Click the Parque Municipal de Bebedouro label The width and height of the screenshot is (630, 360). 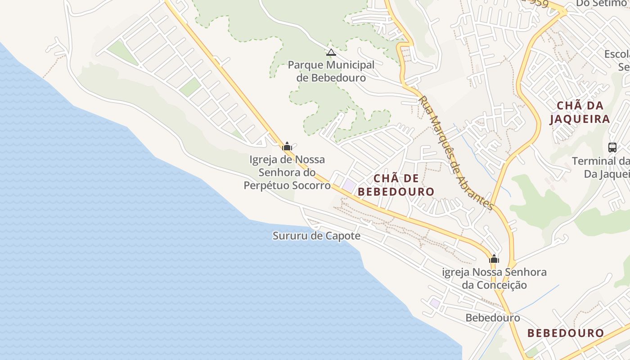pyautogui.click(x=331, y=71)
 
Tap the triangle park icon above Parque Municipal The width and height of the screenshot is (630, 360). pyautogui.click(x=331, y=53)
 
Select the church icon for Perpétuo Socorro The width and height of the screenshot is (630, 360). pyautogui.click(x=287, y=146)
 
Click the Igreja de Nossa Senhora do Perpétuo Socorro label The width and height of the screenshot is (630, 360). pyautogui.click(x=287, y=172)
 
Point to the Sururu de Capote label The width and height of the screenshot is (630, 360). pyautogui.click(x=316, y=236)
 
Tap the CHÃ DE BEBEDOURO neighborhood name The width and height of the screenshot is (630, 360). pyautogui.click(x=396, y=185)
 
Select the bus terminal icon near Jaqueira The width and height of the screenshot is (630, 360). pyautogui.click(x=612, y=147)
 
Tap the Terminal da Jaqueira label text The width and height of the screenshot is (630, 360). pyautogui.click(x=601, y=167)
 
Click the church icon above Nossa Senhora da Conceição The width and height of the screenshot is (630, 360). pyautogui.click(x=494, y=259)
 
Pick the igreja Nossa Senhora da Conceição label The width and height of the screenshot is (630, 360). pyautogui.click(x=494, y=279)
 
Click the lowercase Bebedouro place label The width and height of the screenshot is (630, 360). pyautogui.click(x=493, y=318)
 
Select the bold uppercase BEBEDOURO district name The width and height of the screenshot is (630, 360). pyautogui.click(x=565, y=333)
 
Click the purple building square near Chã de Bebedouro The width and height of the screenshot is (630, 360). pyautogui.click(x=349, y=184)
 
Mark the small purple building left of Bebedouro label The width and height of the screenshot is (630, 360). pyautogui.click(x=434, y=303)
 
